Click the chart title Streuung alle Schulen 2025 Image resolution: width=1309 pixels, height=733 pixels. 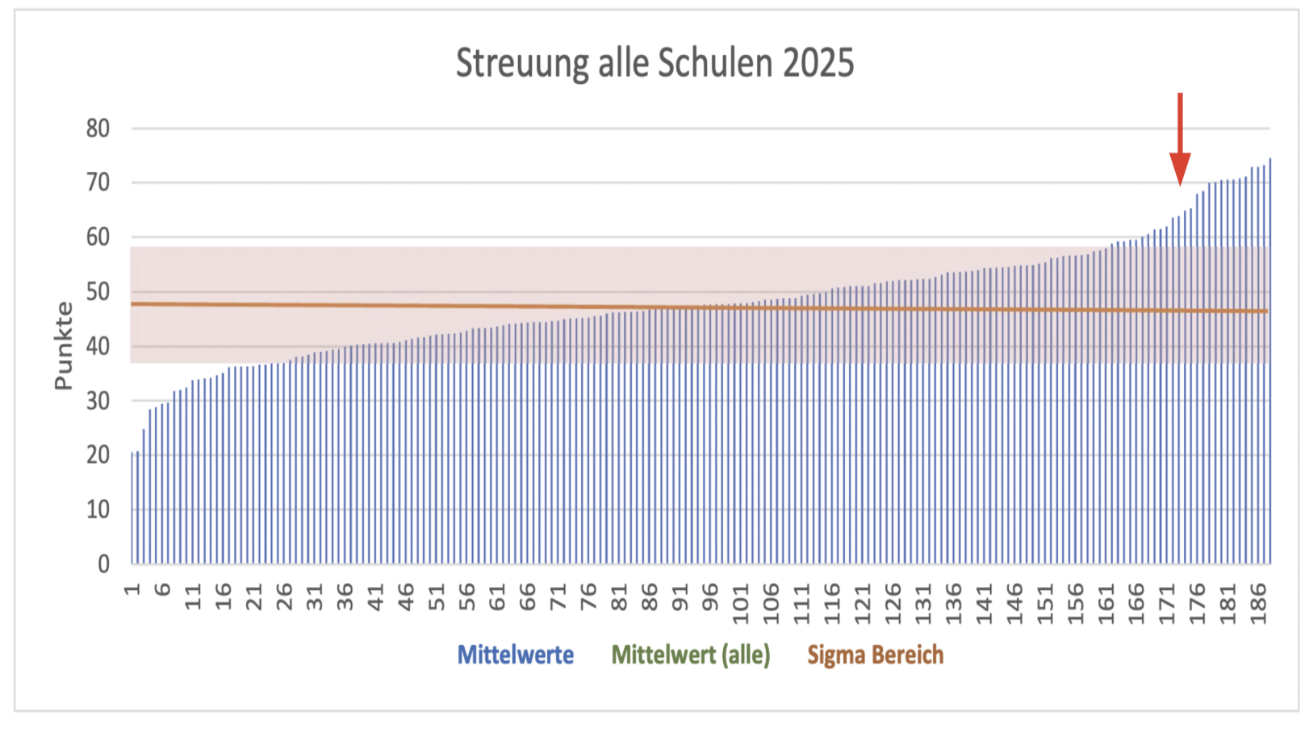pos(654,63)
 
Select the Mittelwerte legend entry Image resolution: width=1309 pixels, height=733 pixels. pos(516,655)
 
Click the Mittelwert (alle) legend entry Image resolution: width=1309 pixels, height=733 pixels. pos(691,655)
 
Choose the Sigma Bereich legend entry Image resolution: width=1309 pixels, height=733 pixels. pos(876,655)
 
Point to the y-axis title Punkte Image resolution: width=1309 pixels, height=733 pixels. pos(64,346)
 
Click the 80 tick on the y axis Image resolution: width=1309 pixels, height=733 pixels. pos(98,128)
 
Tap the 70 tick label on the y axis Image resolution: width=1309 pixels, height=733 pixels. pos(98,182)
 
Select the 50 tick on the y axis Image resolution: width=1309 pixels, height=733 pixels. pos(98,291)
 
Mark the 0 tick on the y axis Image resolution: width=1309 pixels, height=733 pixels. pos(104,563)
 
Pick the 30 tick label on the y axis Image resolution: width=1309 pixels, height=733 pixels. pos(98,400)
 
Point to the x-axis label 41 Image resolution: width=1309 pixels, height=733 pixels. pos(376,597)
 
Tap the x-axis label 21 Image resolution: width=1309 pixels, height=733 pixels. pos(254,597)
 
